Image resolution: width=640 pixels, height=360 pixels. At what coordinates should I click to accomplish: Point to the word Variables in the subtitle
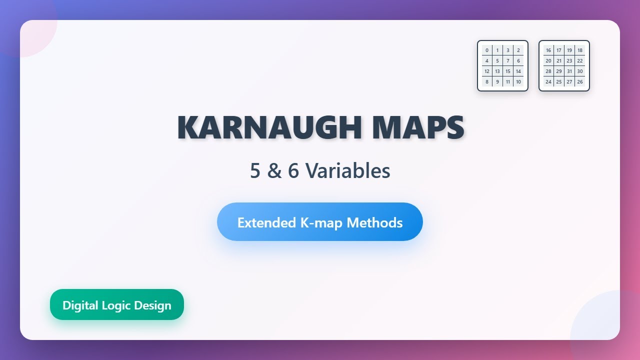pos(348,171)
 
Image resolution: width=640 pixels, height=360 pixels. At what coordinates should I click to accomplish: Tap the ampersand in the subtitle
pos(274,171)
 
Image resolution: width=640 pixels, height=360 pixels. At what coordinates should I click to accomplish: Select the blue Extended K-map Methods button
pos(320,222)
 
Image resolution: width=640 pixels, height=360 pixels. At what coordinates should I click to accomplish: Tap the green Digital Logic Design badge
pos(117,305)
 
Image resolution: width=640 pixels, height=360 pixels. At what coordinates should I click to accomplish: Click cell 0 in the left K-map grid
pos(487,50)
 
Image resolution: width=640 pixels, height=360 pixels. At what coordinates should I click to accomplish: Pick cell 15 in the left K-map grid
pos(508,71)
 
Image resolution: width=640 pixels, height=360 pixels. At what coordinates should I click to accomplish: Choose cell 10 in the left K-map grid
pos(518,82)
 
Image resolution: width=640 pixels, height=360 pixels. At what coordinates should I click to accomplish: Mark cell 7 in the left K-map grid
pos(508,61)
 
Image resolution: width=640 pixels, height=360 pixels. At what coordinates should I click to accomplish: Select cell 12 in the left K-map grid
pos(487,71)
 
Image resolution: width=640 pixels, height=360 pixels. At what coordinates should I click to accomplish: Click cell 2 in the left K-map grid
pos(518,50)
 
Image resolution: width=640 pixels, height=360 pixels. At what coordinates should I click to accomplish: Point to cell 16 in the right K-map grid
pos(548,50)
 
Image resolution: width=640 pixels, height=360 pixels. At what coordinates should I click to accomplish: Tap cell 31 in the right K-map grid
pos(569,71)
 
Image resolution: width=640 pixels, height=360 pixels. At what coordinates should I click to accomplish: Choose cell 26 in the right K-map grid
pos(580,82)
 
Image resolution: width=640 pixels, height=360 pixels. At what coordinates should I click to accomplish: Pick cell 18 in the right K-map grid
pos(580,50)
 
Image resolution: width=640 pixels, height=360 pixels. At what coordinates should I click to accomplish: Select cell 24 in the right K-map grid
pos(548,82)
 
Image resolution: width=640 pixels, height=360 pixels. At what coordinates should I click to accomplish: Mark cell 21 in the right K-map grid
pos(559,61)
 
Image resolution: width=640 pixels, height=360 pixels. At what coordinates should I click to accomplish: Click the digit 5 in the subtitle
pos(255,171)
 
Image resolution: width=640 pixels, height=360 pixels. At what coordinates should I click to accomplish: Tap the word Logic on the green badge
pos(117,305)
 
